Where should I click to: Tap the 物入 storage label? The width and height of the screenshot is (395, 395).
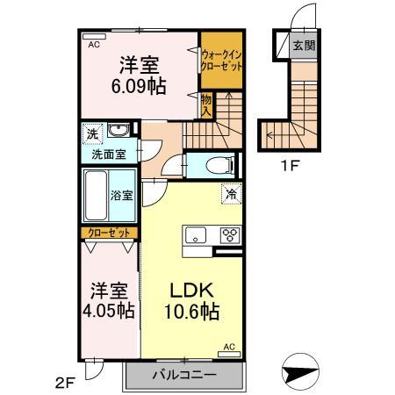point(207,105)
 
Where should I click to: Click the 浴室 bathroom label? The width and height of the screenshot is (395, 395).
point(123,196)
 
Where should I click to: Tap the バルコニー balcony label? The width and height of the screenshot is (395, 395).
point(185,378)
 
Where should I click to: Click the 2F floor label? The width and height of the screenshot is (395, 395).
point(68,381)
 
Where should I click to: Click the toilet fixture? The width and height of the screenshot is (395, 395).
point(218,164)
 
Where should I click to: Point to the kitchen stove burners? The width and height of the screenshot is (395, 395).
point(230,234)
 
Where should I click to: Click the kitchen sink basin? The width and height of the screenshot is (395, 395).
point(194,234)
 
